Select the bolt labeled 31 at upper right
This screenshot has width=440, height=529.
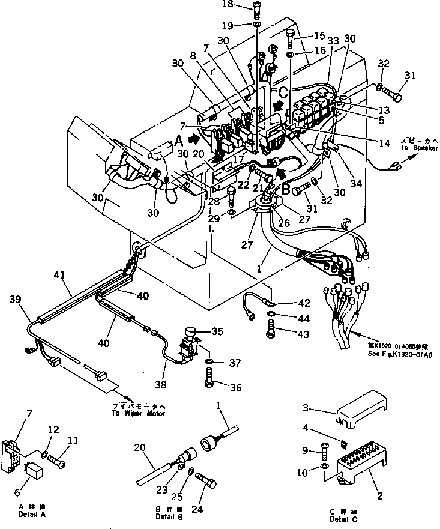[x=392, y=94]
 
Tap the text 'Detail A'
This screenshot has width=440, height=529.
[x=33, y=515]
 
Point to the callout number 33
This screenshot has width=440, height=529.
[x=333, y=41]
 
